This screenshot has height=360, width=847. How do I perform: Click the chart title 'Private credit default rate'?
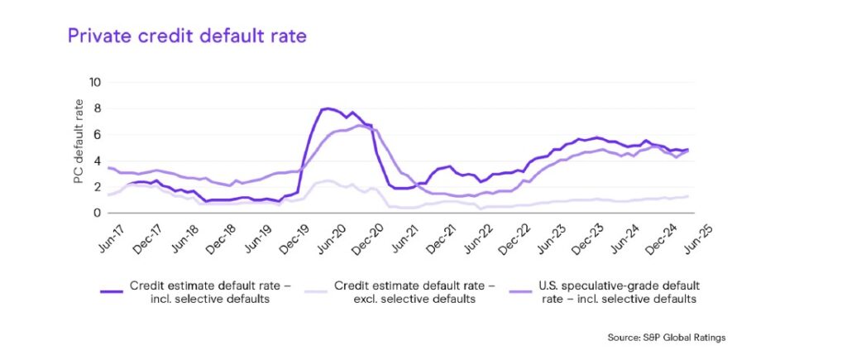[x=187, y=36]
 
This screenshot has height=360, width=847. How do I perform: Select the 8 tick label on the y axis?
[x=97, y=108]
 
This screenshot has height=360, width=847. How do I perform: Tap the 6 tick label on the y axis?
[x=97, y=134]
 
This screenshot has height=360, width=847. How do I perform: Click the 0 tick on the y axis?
[x=97, y=213]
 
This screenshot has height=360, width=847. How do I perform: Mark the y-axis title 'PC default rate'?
[x=79, y=147]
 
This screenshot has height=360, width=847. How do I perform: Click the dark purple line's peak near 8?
[x=329, y=108]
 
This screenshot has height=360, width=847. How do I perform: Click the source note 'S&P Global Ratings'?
[x=666, y=338]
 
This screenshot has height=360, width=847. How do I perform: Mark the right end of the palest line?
[x=688, y=196]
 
